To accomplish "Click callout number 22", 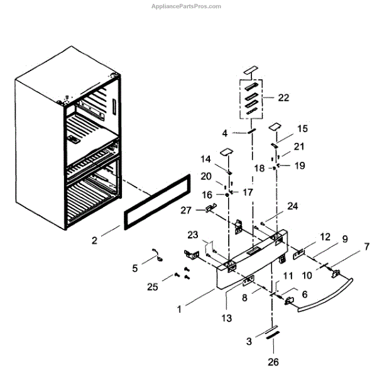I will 283,98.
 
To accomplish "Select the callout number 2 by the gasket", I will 95,240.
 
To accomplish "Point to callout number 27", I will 186,210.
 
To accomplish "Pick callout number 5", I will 135,267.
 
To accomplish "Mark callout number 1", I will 180,309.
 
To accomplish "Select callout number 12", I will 324,237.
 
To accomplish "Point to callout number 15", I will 302,128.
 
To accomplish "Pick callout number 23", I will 192,235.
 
